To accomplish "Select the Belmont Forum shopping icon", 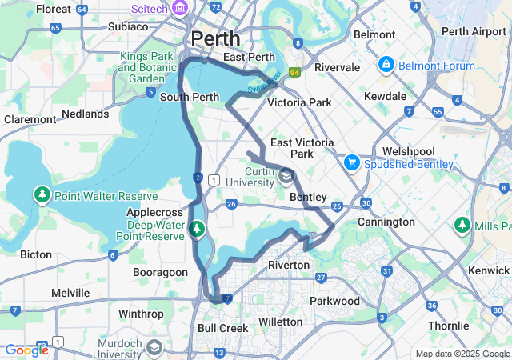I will click(386, 63).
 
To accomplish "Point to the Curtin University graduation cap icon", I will click(286, 175).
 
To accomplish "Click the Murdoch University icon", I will click(154, 348).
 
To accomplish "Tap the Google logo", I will click(26, 350).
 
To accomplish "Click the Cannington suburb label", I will click(386, 222).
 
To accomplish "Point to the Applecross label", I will click(154, 213).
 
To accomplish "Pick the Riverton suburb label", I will click(288, 265).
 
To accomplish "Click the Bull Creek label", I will click(219, 328).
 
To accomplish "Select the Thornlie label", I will click(448, 326).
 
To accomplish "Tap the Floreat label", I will click(54, 10).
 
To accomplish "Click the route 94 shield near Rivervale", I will click(294, 73).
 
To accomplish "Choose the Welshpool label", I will click(408, 150).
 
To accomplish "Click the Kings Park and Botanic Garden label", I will click(147, 68).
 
